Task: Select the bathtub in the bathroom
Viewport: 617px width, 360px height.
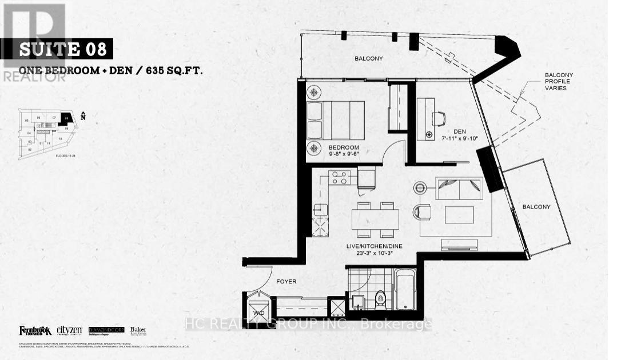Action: click(408, 291)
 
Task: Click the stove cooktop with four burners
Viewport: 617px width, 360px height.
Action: click(340, 177)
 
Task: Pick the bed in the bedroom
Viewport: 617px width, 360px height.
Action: click(336, 119)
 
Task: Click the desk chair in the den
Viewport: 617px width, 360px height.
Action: click(437, 118)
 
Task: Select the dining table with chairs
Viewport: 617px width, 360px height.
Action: click(375, 219)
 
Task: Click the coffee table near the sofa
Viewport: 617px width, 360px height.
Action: click(459, 214)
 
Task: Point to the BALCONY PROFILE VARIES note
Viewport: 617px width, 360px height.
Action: click(559, 81)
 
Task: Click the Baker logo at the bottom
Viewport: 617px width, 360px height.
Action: click(138, 330)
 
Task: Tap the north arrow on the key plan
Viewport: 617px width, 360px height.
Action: click(83, 117)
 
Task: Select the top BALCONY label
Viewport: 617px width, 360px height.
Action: click(368, 58)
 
